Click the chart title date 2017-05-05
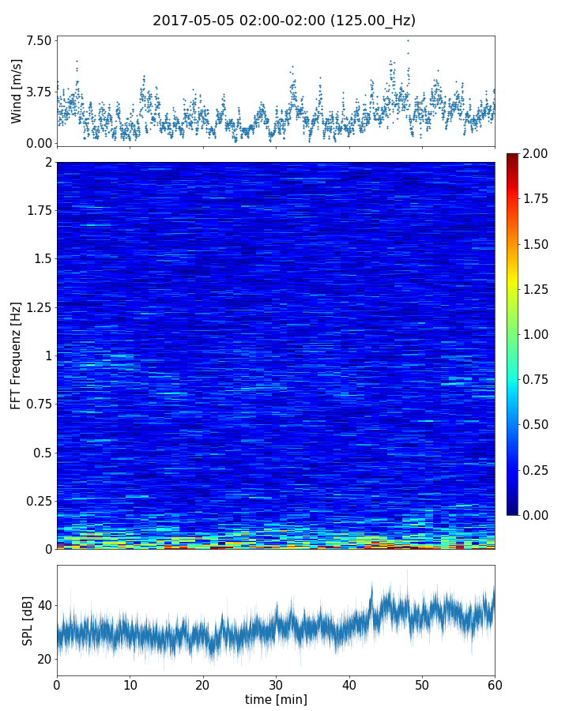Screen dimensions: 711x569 pyautogui.click(x=189, y=21)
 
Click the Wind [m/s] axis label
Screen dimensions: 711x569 pyautogui.click(x=17, y=91)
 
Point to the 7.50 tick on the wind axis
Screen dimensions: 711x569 pyautogui.click(x=40, y=40)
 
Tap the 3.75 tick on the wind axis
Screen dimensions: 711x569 pyautogui.click(x=40, y=92)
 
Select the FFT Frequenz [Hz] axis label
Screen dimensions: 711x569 pyautogui.click(x=17, y=355)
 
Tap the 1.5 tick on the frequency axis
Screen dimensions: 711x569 pyautogui.click(x=42, y=259)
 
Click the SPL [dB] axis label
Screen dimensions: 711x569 pyautogui.click(x=28, y=620)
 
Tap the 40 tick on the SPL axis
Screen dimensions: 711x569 pyautogui.click(x=44, y=606)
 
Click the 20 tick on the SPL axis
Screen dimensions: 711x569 pyautogui.click(x=44, y=659)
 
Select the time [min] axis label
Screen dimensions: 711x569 pyautogui.click(x=276, y=699)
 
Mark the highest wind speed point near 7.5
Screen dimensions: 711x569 pyautogui.click(x=408, y=40)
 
